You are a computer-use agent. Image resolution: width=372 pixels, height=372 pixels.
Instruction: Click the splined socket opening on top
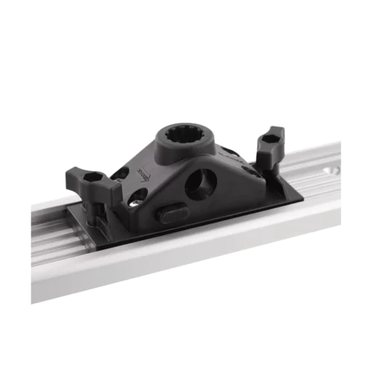coord(181,137)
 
